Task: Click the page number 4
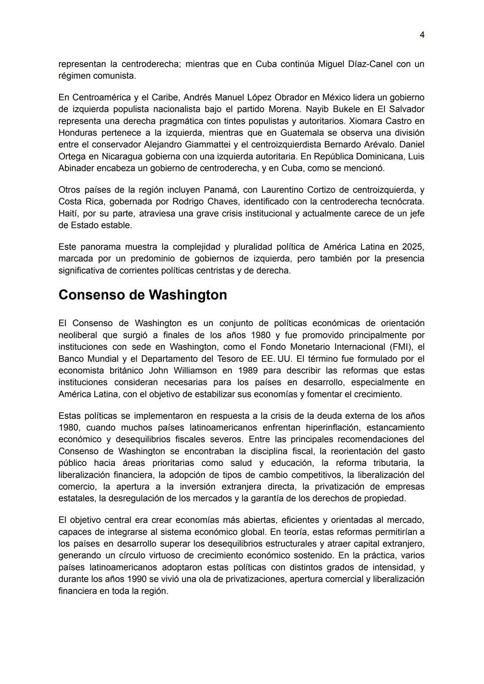coord(422,35)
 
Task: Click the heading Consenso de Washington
coord(143,295)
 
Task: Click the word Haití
coord(68,213)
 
